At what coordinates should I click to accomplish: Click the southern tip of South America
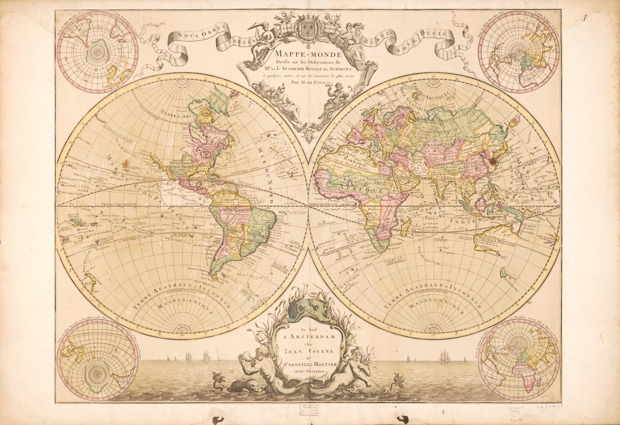coord(214,275)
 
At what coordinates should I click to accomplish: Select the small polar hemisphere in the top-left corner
coord(98,52)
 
